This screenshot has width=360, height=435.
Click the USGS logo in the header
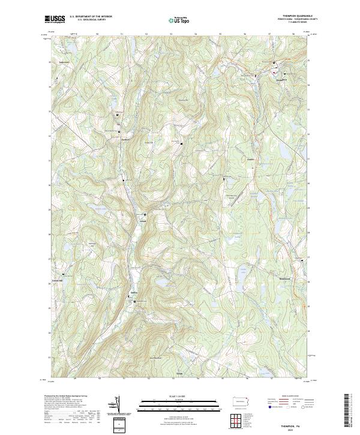[x=55, y=19]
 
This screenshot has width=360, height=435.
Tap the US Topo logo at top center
[x=181, y=20]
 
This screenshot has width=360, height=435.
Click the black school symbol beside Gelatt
[x=145, y=214]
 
